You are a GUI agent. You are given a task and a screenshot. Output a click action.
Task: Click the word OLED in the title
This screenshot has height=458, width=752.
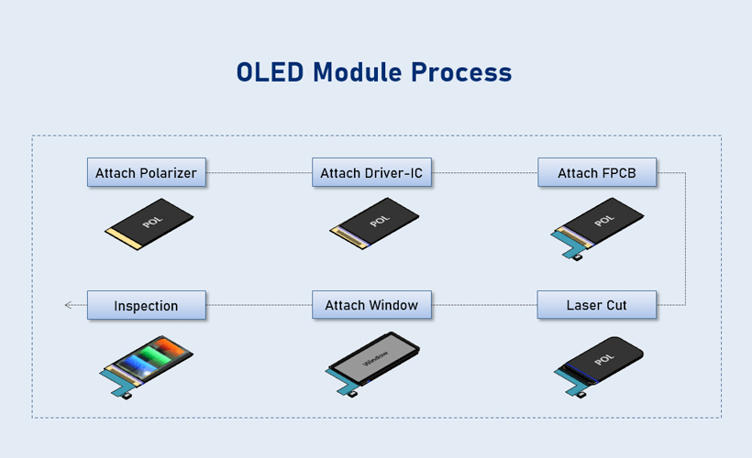point(270,72)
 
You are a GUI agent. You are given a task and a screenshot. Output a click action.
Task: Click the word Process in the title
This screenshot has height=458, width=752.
point(461,72)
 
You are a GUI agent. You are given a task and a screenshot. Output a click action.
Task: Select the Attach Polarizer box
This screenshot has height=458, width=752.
point(147,172)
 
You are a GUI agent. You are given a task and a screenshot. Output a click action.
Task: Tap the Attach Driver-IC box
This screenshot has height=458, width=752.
point(371,172)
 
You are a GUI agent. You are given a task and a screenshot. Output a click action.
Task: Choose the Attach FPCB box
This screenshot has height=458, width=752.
point(597,172)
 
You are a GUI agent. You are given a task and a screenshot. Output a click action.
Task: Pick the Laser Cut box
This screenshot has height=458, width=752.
point(597,305)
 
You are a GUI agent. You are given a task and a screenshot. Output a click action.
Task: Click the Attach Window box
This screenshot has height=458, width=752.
point(371,305)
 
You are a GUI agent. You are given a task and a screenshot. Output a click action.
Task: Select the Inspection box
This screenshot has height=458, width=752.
point(147,305)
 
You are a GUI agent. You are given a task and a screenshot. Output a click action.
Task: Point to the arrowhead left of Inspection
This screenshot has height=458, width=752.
point(68,305)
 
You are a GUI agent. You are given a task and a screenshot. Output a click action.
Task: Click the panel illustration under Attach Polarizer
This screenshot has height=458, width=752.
point(149,224)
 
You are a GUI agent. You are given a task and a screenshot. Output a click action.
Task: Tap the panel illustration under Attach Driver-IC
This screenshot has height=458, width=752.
point(374,224)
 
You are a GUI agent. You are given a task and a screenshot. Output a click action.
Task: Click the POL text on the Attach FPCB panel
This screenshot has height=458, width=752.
point(603,221)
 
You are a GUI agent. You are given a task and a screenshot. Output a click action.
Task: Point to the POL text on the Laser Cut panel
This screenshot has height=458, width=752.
point(603,359)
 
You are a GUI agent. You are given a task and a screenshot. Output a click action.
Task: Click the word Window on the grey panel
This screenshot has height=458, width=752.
point(375,358)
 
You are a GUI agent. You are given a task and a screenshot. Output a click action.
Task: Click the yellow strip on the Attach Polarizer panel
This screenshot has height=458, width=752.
point(124,238)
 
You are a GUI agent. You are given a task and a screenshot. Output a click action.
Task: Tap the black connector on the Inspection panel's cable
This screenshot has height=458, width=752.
point(127,397)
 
